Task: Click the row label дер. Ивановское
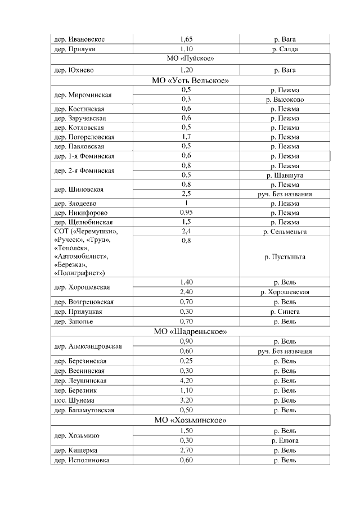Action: pyautogui.click(x=79, y=39)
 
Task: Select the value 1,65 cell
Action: pyautogui.click(x=186, y=39)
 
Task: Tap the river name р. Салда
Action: pyautogui.click(x=285, y=49)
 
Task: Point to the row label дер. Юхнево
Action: pyautogui.click(x=74, y=70)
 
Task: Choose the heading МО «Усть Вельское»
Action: pyautogui.click(x=190, y=80)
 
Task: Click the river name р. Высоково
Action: pyautogui.click(x=285, y=100)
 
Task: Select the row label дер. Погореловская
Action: pyautogui.click(x=84, y=137)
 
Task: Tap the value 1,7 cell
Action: pyautogui.click(x=186, y=137)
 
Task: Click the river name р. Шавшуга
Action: pyautogui.click(x=285, y=175)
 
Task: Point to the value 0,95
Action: pyautogui.click(x=186, y=213)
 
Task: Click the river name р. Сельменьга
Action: pyautogui.click(x=285, y=231)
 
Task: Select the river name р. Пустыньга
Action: pyautogui.click(x=285, y=256)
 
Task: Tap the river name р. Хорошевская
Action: pyautogui.click(x=285, y=292)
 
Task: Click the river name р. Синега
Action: pyautogui.click(x=285, y=312)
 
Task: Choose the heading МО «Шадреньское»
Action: pyautogui.click(x=190, y=331)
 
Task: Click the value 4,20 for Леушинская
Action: pyautogui.click(x=186, y=381)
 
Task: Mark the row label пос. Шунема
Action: pyautogui.click(x=74, y=400)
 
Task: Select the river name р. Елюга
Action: pyautogui.click(x=285, y=440)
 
